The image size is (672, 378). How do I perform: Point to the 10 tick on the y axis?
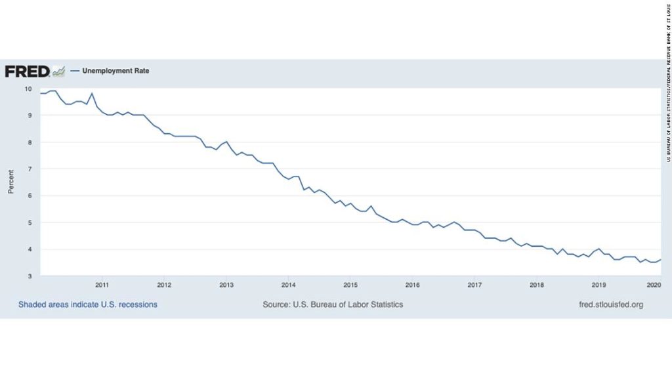point(28,89)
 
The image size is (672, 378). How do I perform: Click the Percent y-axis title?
point(10,182)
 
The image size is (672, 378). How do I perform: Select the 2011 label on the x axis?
point(102,285)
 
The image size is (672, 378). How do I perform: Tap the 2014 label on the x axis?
point(288,285)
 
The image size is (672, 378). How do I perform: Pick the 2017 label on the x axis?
point(474,285)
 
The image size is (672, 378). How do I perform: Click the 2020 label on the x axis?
point(654,285)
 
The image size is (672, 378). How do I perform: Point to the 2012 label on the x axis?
point(164,285)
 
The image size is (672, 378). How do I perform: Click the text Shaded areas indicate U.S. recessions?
point(88,304)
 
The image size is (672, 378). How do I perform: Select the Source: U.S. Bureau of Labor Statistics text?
point(333,304)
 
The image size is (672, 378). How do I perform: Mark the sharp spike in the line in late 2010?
point(92,93)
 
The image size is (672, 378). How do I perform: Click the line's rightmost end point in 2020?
point(660,260)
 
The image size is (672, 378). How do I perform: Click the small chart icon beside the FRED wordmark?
point(59,70)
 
